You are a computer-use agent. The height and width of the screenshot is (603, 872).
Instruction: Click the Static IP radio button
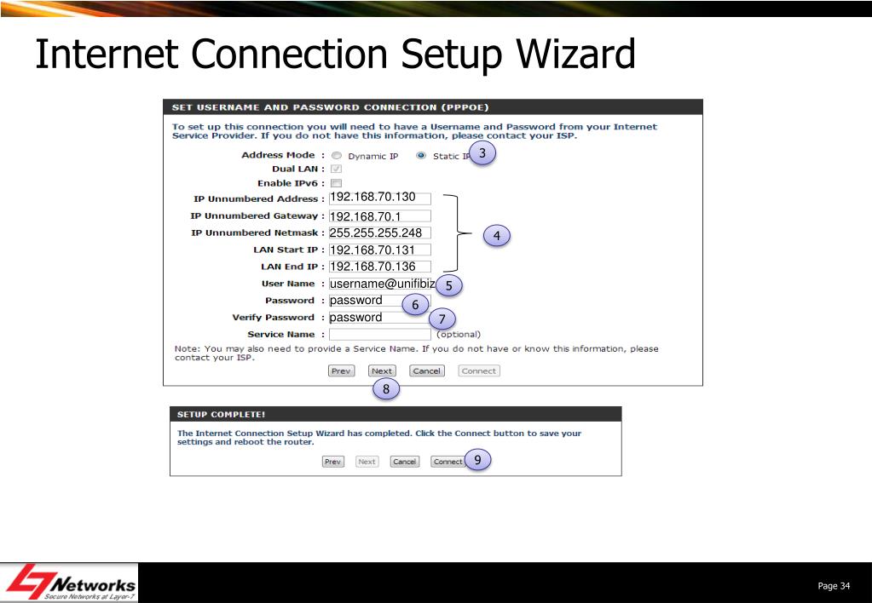pyautogui.click(x=421, y=156)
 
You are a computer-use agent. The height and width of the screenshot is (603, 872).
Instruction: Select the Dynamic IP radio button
pyautogui.click(x=336, y=156)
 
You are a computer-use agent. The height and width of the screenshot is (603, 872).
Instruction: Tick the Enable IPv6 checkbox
pyautogui.click(x=336, y=183)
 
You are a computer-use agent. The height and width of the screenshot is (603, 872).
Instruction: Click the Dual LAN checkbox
pyautogui.click(x=336, y=169)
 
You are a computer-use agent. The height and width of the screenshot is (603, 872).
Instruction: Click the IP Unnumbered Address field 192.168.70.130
pyautogui.click(x=379, y=198)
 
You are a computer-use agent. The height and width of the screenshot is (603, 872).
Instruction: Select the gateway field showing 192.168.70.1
pyautogui.click(x=379, y=216)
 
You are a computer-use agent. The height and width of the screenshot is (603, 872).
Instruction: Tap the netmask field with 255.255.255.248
pyautogui.click(x=379, y=233)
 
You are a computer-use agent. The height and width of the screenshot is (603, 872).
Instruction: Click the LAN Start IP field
pyautogui.click(x=379, y=250)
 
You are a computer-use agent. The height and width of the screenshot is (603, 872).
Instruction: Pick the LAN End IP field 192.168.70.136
pyautogui.click(x=379, y=267)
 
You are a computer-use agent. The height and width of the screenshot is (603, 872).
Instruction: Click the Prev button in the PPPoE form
pyautogui.click(x=341, y=371)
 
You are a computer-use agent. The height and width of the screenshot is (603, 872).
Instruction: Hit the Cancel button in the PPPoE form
pyautogui.click(x=426, y=371)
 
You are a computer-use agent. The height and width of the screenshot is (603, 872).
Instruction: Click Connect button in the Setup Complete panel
pyautogui.click(x=447, y=462)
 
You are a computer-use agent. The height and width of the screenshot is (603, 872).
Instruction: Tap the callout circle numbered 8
pyautogui.click(x=385, y=389)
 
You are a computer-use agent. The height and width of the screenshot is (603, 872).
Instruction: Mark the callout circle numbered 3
pyautogui.click(x=482, y=153)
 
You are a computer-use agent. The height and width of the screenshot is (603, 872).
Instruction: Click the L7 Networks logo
pyautogui.click(x=71, y=583)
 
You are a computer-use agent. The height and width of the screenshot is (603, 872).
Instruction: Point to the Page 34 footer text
pyautogui.click(x=834, y=585)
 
